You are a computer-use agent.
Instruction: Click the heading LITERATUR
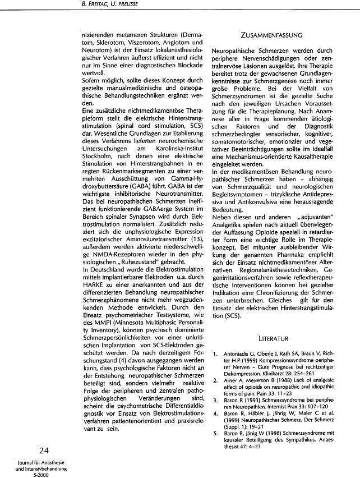(273, 338)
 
